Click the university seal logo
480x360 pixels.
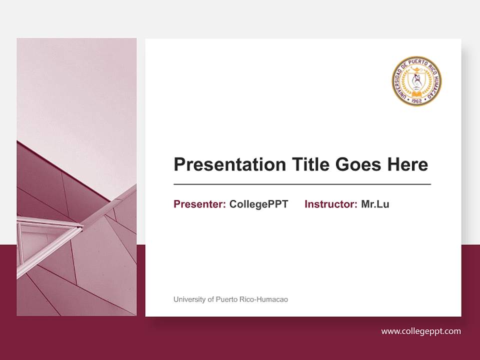416,80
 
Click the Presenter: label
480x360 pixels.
199,204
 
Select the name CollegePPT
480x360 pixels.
258,204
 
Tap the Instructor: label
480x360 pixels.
330,204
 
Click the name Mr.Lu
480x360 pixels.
375,204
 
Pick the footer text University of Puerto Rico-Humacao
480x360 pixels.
230,299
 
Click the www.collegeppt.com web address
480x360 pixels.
421,331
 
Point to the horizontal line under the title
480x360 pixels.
302,184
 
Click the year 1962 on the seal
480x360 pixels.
416,100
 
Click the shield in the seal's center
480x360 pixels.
416,78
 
